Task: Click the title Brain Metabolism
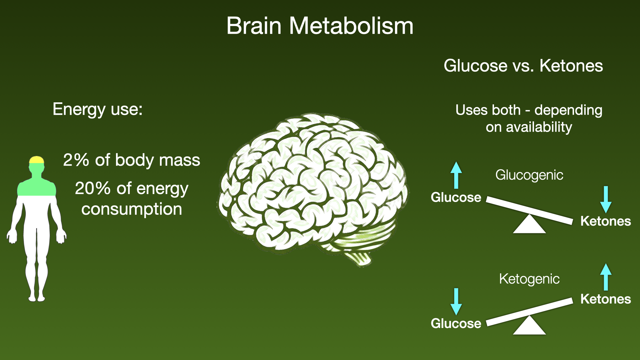coord(320,26)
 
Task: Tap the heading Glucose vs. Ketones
coord(523,65)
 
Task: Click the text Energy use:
coord(98,109)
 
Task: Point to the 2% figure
coord(76,160)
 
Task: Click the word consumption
coord(132,209)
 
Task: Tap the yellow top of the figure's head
coord(37,160)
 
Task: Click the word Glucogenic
coord(529,175)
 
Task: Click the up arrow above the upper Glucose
coord(456,175)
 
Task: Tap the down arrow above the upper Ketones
coord(606,200)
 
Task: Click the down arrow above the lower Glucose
coord(456,302)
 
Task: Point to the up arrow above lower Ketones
coord(606,277)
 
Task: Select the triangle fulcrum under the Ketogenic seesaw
coord(529,326)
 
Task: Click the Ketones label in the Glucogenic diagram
coord(606,221)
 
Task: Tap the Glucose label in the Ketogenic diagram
coord(456,324)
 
